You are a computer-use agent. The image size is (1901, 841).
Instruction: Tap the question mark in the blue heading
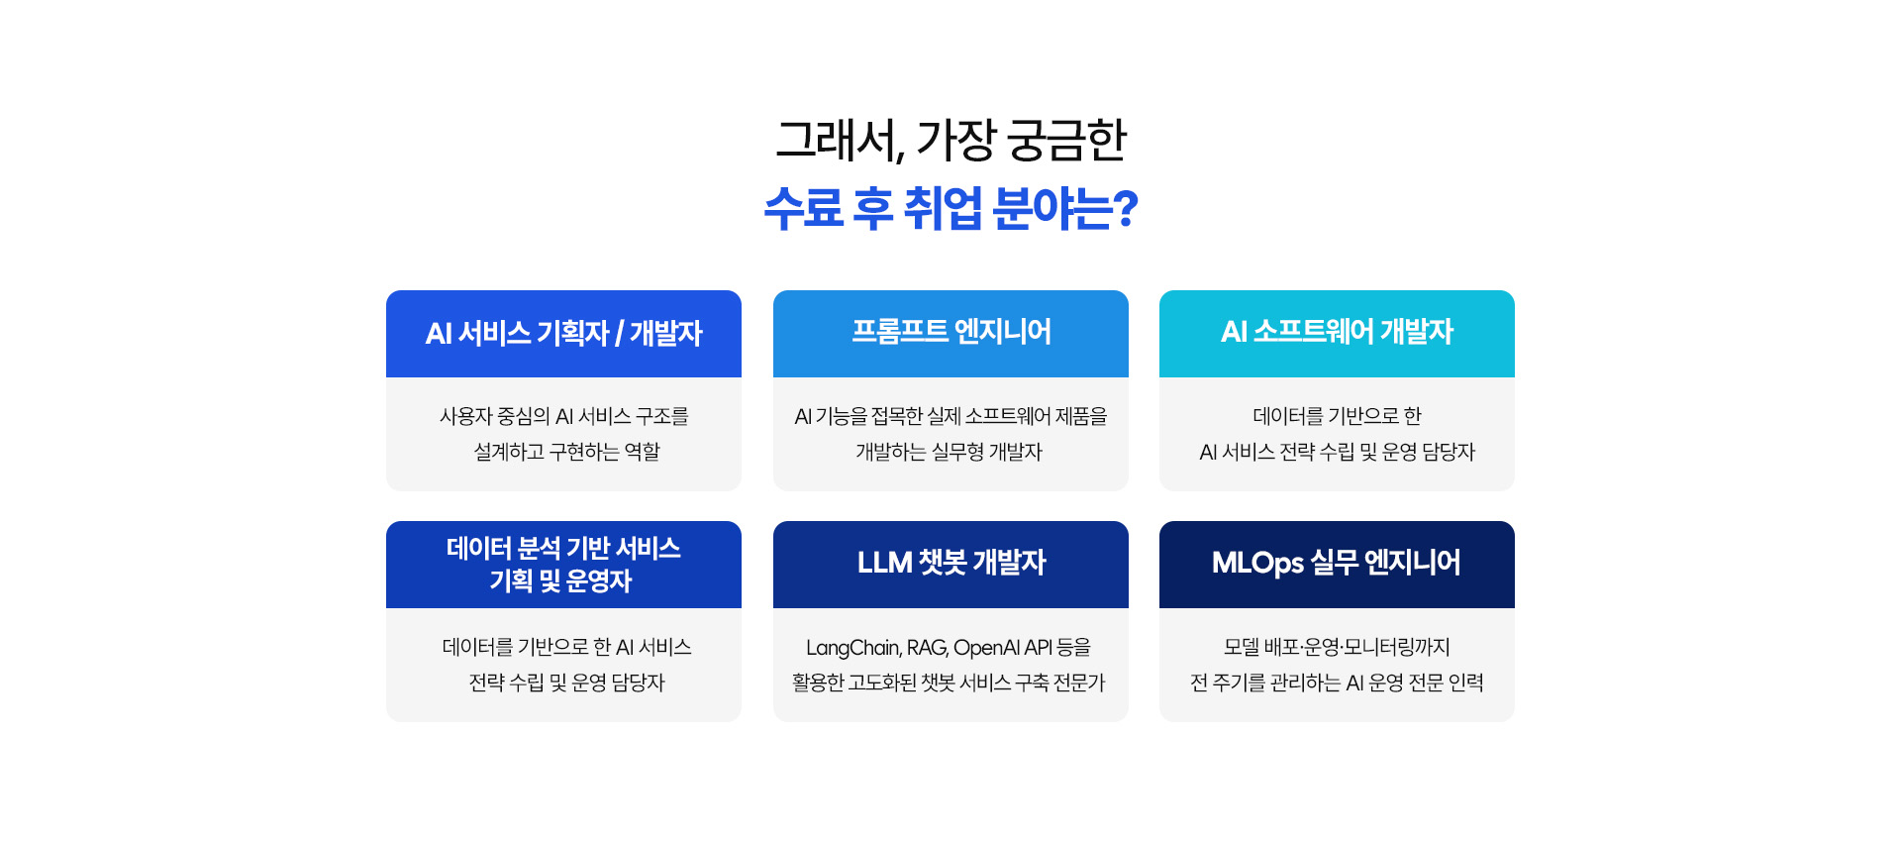(1126, 209)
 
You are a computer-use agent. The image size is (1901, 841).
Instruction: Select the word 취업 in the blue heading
(943, 208)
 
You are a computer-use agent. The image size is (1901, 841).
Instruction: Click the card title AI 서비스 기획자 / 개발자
(563, 333)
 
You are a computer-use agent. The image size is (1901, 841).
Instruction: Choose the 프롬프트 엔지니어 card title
(951, 331)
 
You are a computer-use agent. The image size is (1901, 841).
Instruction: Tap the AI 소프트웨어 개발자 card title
(1337, 331)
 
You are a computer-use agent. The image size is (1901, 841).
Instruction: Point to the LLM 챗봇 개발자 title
(951, 563)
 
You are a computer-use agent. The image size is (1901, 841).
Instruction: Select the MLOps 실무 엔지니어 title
(1337, 563)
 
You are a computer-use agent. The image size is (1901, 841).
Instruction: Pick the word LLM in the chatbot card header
(884, 563)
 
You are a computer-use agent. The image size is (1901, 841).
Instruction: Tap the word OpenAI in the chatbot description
(986, 648)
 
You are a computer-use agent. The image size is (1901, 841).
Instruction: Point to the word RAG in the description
(928, 648)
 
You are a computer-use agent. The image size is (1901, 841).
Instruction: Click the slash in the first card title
(619, 334)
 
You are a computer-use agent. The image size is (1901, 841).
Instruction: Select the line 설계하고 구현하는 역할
(566, 452)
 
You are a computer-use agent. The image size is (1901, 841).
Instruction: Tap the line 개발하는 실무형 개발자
(950, 452)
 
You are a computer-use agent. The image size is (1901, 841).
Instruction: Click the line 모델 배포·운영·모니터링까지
(1337, 647)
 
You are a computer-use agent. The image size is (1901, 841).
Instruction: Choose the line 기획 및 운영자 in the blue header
(560, 580)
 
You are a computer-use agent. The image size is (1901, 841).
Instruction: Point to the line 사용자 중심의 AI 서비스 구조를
(564, 416)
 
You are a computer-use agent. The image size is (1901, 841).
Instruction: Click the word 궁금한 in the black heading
(1066, 140)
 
